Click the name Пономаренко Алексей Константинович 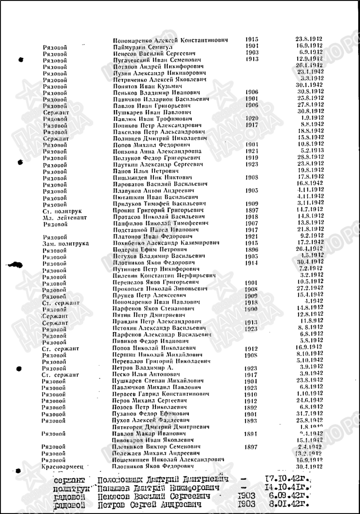click(x=174, y=40)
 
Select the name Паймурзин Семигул click(x=143, y=47)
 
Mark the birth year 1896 click(x=251, y=250)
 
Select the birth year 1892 click(x=251, y=407)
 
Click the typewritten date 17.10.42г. click(x=288, y=480)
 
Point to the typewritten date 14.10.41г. click(x=288, y=488)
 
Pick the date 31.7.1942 click(x=312, y=414)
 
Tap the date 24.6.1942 click(x=312, y=401)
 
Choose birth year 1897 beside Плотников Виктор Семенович click(x=251, y=447)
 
